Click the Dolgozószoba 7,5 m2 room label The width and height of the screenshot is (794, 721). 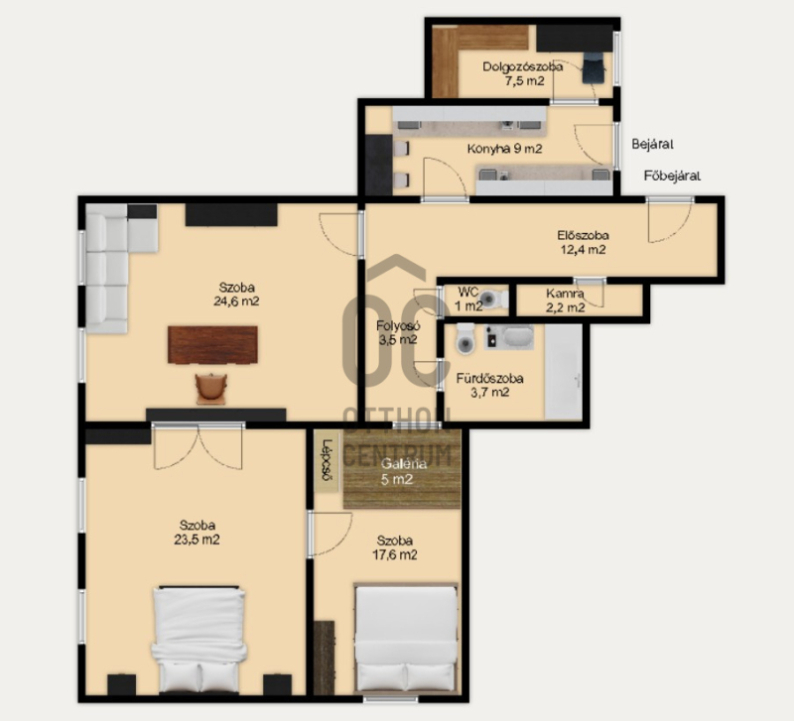523,73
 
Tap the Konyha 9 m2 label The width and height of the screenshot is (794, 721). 504,149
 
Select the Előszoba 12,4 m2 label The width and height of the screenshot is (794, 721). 583,242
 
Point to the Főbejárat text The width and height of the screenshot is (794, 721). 672,177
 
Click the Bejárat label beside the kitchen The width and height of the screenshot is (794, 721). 652,144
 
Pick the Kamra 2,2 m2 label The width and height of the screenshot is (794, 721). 565,300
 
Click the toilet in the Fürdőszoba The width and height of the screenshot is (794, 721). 465,338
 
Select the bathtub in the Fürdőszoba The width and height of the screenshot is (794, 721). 563,372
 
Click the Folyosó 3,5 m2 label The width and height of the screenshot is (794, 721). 398,332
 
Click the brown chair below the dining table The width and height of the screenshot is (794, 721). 211,389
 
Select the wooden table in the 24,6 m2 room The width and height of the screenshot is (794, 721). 212,345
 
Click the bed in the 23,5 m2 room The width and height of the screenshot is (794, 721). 199,640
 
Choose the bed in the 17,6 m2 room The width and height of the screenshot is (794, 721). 406,639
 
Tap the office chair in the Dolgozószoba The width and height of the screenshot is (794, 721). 593,68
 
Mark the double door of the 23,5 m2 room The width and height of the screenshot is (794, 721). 198,447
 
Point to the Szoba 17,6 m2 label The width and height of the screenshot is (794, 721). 394,548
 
